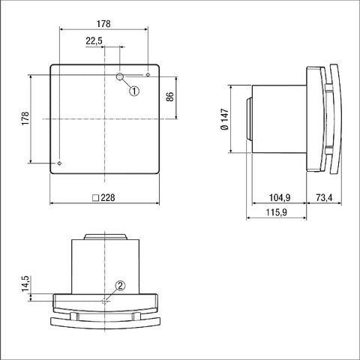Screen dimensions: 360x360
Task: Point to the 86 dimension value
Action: click(x=169, y=97)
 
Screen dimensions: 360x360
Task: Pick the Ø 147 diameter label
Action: click(x=225, y=119)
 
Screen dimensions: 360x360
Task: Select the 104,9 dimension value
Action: click(x=280, y=199)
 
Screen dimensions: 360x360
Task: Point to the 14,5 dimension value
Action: click(x=25, y=286)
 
